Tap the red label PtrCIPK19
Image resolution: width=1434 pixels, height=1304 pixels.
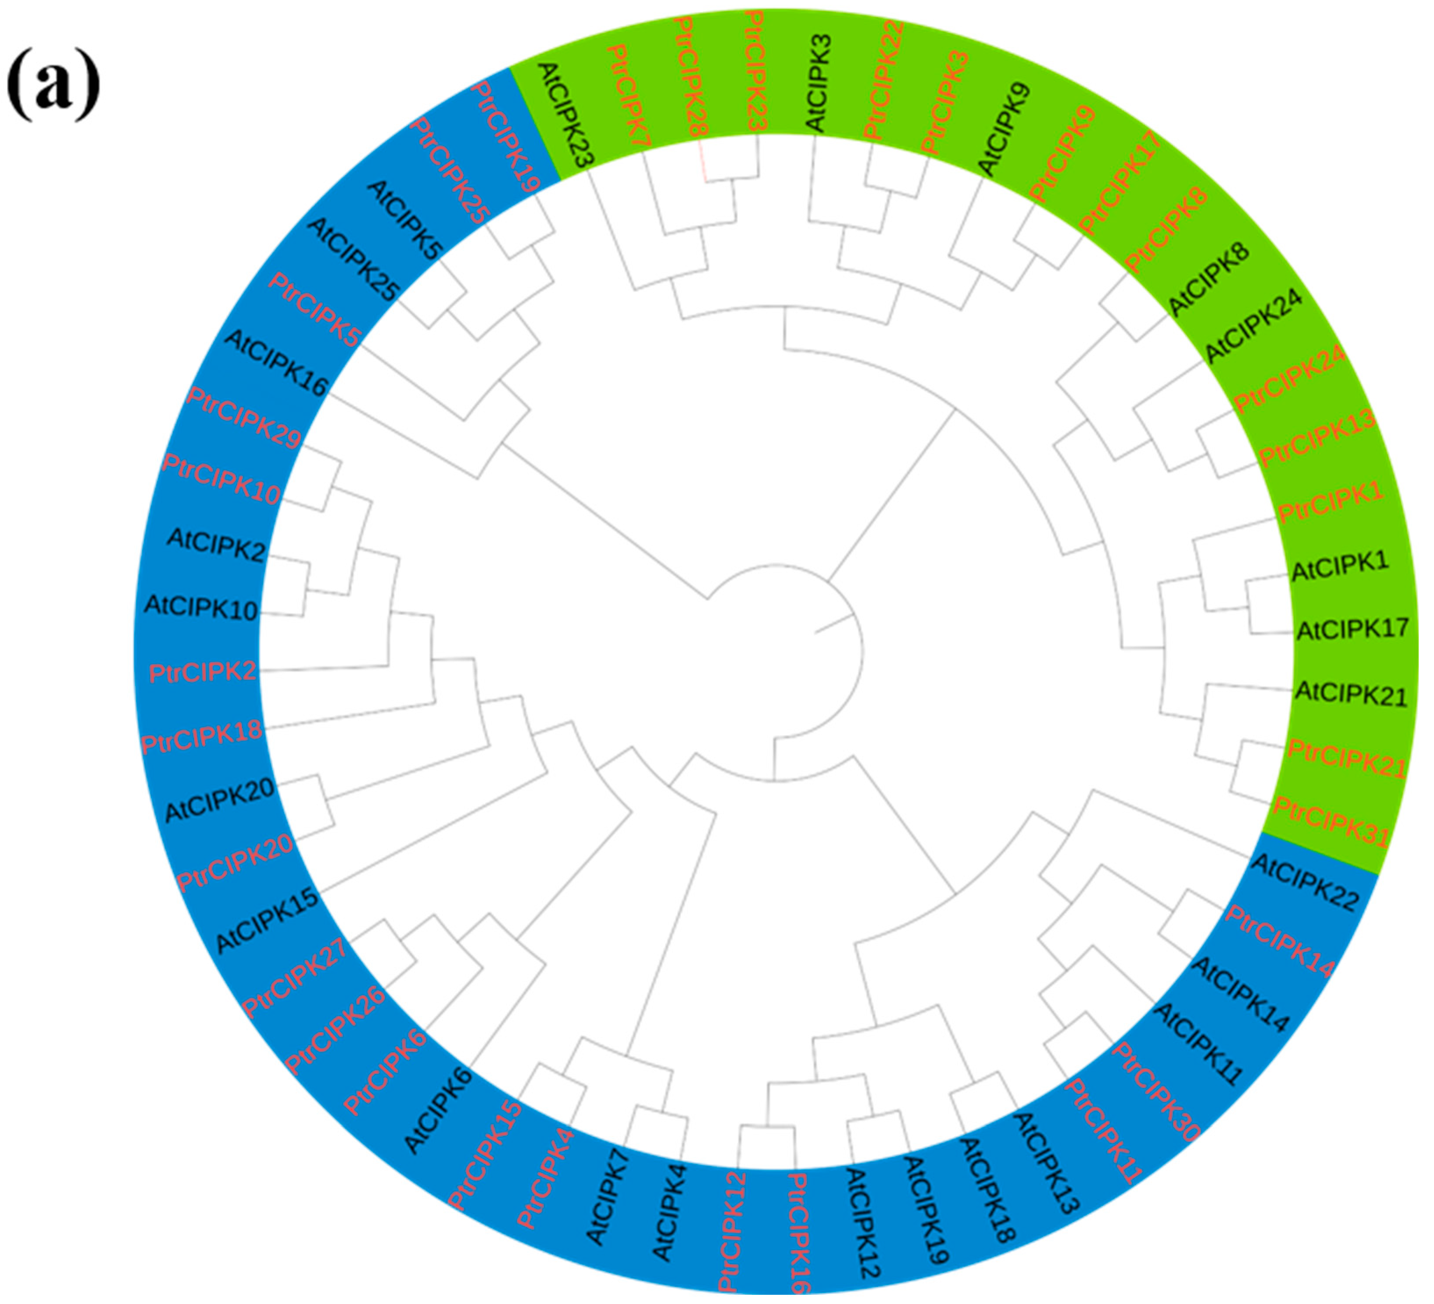[507, 136]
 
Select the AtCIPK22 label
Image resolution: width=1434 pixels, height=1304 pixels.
[1305, 882]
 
